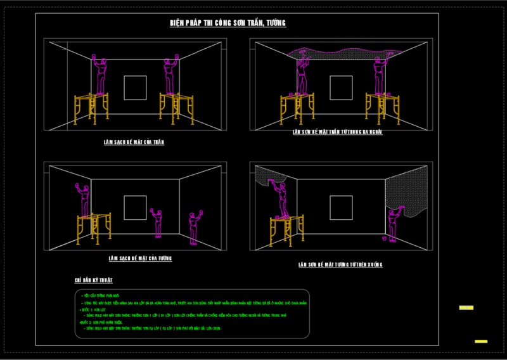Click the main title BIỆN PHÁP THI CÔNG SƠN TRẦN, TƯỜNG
pos(228,23)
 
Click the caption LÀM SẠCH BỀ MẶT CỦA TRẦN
pos(134,142)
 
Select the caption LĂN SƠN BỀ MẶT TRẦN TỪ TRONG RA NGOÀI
pos(337,132)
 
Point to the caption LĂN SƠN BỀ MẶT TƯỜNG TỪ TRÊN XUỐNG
pos(340,264)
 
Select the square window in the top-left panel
pos(136,87)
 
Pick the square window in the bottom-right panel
pos(342,207)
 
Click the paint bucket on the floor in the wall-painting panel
pos(385,238)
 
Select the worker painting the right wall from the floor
pos(393,225)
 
